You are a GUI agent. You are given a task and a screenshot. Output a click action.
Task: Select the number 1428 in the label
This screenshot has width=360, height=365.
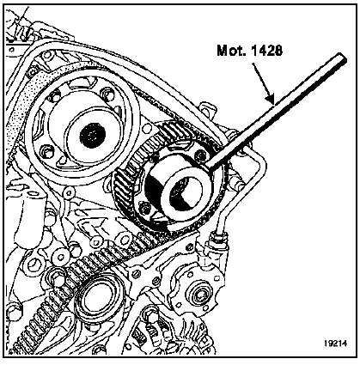(266, 51)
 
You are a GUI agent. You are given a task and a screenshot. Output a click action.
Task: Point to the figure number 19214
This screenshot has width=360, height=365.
(335, 343)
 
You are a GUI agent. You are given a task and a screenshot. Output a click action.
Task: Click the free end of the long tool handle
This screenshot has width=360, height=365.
(343, 58)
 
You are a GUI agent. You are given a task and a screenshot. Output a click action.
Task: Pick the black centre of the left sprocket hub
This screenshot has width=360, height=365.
(93, 134)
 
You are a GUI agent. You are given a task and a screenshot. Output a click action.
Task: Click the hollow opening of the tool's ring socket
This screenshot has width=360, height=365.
(182, 191)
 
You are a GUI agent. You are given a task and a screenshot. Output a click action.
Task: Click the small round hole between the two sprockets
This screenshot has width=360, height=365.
(147, 129)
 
